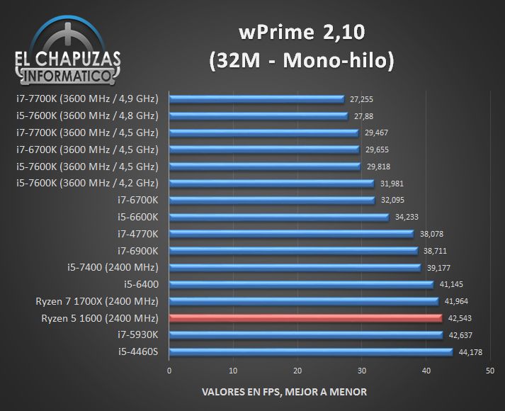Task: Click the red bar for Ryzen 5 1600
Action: [x=306, y=318]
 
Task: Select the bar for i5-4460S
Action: [x=311, y=351]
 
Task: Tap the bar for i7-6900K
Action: [x=293, y=250]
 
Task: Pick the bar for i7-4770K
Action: [x=291, y=233]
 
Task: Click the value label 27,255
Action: [x=362, y=99]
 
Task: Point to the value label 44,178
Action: [x=470, y=352]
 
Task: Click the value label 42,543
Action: [x=460, y=318]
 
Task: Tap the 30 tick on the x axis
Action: [x=362, y=371]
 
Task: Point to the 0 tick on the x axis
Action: [x=169, y=371]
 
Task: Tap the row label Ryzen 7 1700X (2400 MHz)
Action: [x=97, y=301]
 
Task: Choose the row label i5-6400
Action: [x=141, y=284]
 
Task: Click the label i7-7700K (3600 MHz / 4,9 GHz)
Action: [x=85, y=98]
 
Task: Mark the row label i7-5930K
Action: [x=138, y=334]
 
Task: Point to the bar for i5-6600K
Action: [x=279, y=217]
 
